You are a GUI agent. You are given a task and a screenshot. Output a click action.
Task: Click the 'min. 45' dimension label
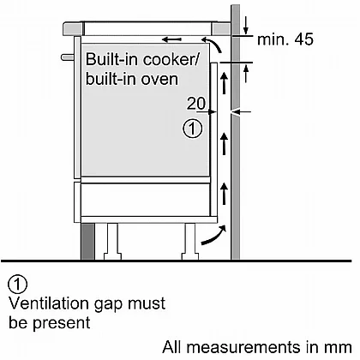(285, 39)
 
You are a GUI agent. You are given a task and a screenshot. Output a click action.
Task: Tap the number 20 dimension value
(196, 104)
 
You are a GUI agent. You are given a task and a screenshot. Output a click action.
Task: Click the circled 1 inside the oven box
(193, 129)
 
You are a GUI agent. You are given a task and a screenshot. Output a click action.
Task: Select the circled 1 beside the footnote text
(18, 285)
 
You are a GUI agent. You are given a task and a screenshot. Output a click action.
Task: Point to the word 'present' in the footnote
(62, 323)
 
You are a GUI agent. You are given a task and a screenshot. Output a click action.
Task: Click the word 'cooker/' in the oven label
(171, 59)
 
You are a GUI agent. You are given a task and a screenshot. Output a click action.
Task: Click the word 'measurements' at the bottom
(243, 347)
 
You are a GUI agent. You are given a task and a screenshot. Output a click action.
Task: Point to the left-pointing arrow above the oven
(171, 39)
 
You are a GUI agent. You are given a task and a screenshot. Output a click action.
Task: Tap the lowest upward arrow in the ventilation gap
(225, 193)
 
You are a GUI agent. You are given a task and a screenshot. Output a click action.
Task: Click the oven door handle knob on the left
(68, 57)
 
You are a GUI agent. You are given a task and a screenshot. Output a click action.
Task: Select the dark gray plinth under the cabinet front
(87, 241)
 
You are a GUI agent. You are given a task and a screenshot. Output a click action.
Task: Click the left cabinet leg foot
(112, 256)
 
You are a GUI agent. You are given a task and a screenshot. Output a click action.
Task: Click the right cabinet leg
(190, 242)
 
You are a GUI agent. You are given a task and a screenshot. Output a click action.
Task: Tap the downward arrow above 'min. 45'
(246, 25)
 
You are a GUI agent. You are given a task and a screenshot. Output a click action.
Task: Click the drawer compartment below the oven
(146, 200)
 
